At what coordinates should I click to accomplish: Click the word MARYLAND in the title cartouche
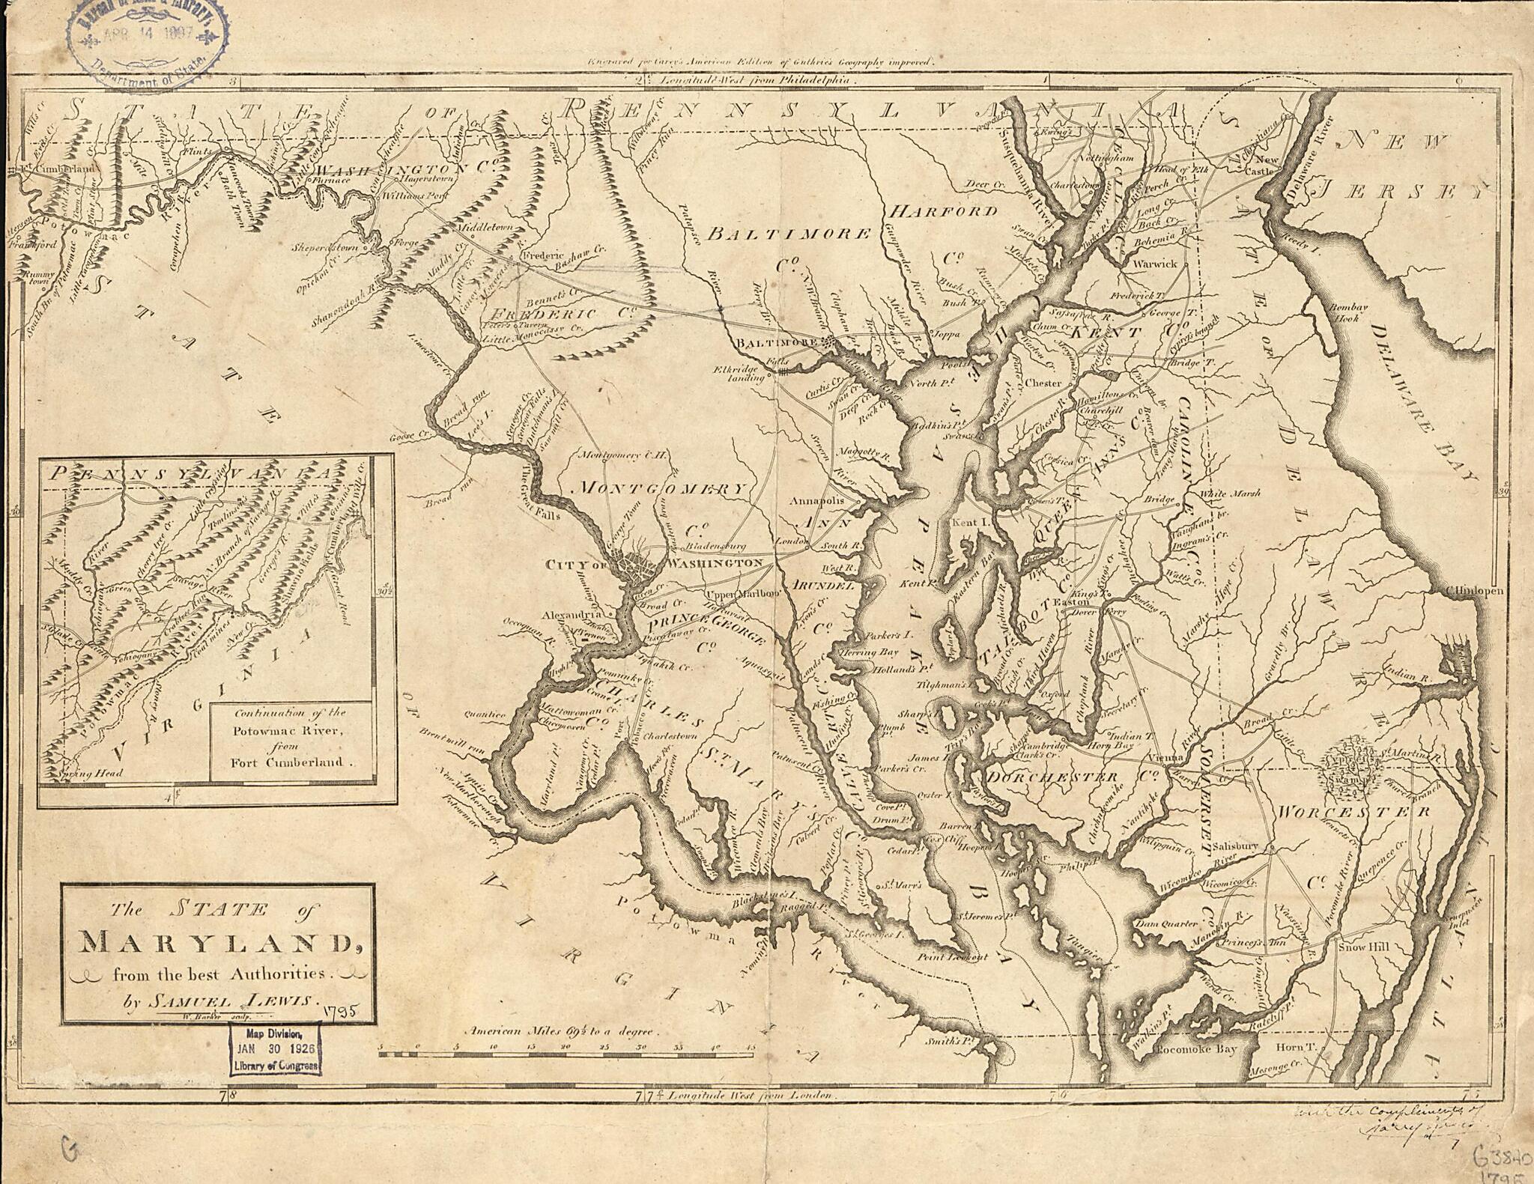[217, 943]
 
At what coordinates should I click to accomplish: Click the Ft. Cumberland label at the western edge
[56, 169]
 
